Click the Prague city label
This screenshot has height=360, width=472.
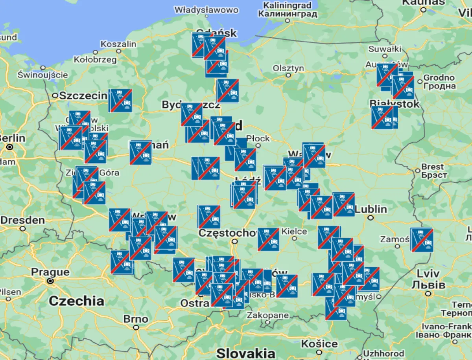(x=50, y=272)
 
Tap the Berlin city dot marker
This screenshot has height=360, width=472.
(x=10, y=147)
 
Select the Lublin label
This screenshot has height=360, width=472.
(x=371, y=209)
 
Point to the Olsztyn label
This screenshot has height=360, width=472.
(x=289, y=68)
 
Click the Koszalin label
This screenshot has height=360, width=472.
(x=118, y=44)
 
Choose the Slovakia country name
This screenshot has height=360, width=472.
(x=246, y=352)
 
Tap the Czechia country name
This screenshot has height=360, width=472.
(x=77, y=301)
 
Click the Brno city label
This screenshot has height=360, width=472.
(x=136, y=319)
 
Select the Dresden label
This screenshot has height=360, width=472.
(x=22, y=220)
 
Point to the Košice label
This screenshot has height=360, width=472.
(x=319, y=344)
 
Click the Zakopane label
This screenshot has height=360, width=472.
(x=267, y=315)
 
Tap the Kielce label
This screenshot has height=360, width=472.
(x=294, y=231)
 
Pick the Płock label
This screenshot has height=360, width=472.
(x=258, y=138)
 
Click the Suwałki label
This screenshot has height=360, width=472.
(x=385, y=49)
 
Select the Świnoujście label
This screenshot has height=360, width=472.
(x=43, y=74)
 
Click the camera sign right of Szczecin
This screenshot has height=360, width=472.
(x=121, y=101)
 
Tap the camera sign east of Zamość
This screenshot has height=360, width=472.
(x=422, y=240)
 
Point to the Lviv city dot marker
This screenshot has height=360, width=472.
(x=428, y=294)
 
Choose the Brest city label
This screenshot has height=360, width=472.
(x=432, y=167)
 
